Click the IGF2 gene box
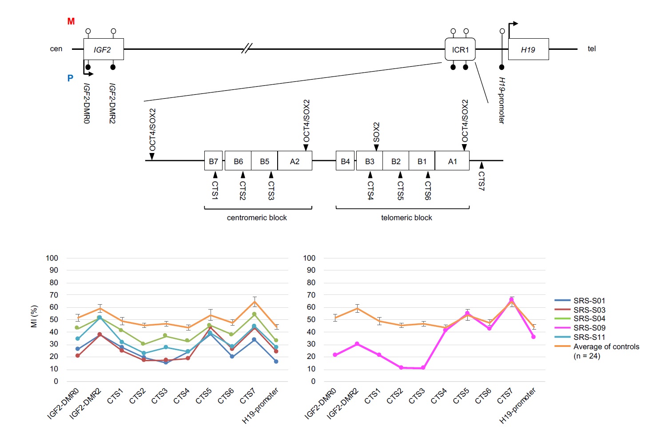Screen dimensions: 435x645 pos(104,49)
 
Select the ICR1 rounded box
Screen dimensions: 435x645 pos(460,49)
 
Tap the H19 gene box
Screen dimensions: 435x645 pos(528,49)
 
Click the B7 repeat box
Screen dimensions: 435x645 pos(213,161)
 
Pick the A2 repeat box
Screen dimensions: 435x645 pos(295,161)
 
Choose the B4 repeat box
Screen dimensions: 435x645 pos(345,161)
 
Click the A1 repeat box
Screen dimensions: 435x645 pos(452,161)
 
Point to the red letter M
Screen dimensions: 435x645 pos(71,21)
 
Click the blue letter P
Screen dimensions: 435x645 pos(70,78)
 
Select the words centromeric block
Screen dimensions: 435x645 pos(257,217)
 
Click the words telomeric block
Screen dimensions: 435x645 pos(406,217)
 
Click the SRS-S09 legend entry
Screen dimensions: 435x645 pos(589,328)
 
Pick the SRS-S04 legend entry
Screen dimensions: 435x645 pos(589,318)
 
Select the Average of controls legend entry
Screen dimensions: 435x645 pos(606,346)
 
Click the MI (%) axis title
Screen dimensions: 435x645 pos(34,316)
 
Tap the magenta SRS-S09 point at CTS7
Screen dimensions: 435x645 pos(511,300)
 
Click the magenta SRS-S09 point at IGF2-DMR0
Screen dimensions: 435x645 pos(335,354)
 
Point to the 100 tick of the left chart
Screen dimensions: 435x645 pos(52,258)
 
